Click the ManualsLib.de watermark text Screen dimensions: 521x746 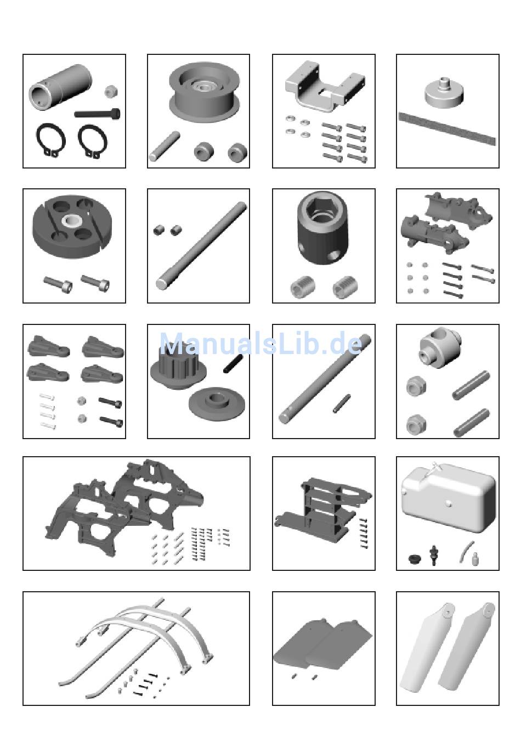pyautogui.click(x=261, y=344)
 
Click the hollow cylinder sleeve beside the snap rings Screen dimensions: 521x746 pyautogui.click(x=60, y=86)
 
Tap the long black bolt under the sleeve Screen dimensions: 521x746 pyautogui.click(x=97, y=113)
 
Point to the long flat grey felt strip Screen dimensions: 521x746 pyautogui.click(x=447, y=128)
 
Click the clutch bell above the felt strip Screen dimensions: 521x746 pyautogui.click(x=444, y=93)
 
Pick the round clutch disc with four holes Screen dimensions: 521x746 pyautogui.click(x=72, y=227)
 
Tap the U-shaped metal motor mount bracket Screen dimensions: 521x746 pyautogui.click(x=324, y=86)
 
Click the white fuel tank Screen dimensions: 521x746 pyautogui.click(x=448, y=498)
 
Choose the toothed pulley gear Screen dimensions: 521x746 pyautogui.click(x=178, y=366)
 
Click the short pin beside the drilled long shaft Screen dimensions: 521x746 pyautogui.click(x=342, y=403)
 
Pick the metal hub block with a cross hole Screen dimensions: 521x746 pyautogui.click(x=439, y=347)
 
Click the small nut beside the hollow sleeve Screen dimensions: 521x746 pyautogui.click(x=111, y=91)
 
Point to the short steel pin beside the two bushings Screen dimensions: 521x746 pyautogui.click(x=165, y=146)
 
